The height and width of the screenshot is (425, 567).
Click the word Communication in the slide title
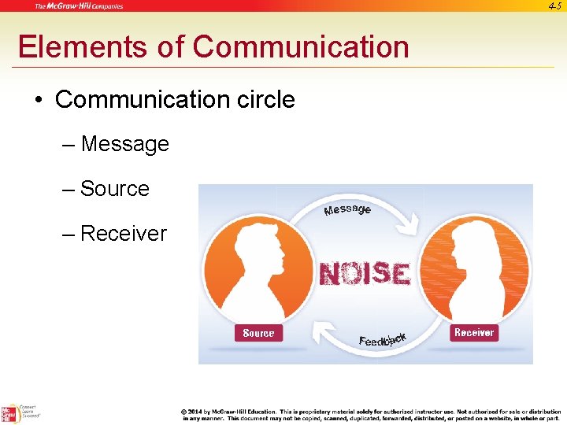click(x=301, y=47)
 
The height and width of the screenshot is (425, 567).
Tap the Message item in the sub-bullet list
click(x=124, y=144)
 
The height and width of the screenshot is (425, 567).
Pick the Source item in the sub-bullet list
click(x=115, y=189)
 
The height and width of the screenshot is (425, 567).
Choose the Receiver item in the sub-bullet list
click(x=124, y=234)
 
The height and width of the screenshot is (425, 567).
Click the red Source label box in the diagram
click(x=258, y=333)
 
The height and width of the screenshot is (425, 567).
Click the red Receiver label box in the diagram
click(x=474, y=332)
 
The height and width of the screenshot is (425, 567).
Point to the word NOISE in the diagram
click(x=365, y=274)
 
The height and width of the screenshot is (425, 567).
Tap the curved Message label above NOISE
click(x=347, y=209)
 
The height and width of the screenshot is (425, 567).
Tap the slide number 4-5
click(x=554, y=6)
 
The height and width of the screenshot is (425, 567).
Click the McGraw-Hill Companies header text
click(x=78, y=6)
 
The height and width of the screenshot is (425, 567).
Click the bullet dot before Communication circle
click(x=39, y=100)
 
